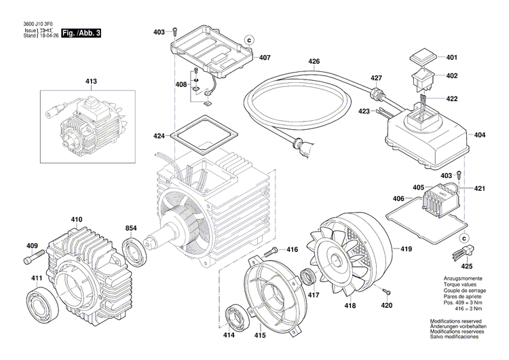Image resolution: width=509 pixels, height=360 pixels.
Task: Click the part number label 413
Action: click(x=90, y=82)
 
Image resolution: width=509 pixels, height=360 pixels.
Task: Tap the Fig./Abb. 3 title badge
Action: click(x=81, y=33)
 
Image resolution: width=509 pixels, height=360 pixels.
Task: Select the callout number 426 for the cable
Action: click(x=314, y=62)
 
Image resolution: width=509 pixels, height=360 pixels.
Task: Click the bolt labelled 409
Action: click(x=35, y=258)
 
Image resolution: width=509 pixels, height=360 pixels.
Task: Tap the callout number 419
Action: click(x=406, y=249)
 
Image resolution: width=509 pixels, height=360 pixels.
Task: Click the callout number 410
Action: click(x=77, y=219)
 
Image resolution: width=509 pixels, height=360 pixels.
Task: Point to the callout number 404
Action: click(x=480, y=135)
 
